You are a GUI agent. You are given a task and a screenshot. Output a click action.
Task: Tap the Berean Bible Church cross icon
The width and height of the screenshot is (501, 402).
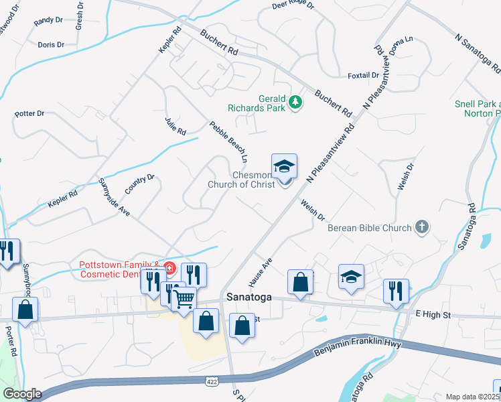coord(422,227)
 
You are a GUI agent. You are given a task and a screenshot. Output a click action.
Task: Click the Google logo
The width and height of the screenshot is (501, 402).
coord(22,393)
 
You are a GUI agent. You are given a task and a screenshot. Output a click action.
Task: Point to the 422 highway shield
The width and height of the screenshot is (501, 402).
coord(211,380)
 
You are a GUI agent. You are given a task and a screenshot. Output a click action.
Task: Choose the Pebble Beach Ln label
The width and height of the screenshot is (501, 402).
coord(228,142)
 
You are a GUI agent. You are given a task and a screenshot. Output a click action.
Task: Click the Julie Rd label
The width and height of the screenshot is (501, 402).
coord(175,126)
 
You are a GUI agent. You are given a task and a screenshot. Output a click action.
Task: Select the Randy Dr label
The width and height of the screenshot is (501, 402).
coord(48,21)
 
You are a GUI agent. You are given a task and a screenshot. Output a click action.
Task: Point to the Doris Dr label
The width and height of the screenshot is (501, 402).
coord(51,45)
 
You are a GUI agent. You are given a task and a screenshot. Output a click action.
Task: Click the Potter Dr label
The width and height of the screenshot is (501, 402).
coord(29,114)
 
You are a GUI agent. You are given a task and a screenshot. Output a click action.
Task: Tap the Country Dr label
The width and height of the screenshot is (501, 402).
coord(139,186)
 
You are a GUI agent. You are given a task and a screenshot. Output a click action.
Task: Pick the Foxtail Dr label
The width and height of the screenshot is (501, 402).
coord(364,75)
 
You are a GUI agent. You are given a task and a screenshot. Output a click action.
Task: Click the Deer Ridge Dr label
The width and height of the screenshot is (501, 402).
coord(293,6)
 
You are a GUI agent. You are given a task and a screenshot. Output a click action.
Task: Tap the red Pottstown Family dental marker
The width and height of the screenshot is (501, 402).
coord(169,269)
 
